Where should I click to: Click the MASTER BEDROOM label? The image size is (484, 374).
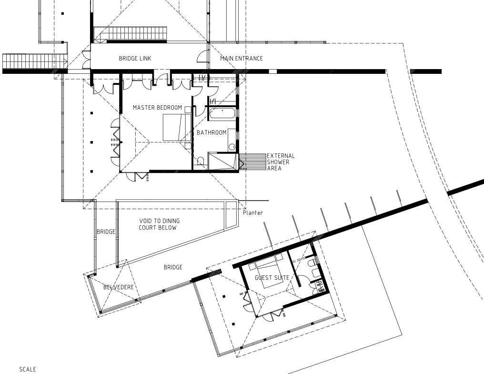[x=157, y=108]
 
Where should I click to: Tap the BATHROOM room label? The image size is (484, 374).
[x=212, y=132]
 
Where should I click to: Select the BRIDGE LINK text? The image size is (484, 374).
[x=135, y=59]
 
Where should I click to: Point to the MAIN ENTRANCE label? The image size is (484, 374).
[x=242, y=59]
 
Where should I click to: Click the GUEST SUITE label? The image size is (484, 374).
[x=272, y=278]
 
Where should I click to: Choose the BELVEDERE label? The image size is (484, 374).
[x=119, y=287]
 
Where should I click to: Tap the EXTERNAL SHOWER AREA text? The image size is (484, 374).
[x=281, y=162]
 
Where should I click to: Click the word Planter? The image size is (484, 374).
[x=253, y=213]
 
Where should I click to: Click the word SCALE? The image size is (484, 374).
[x=28, y=369]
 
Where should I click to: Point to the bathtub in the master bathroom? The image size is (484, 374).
[x=222, y=114]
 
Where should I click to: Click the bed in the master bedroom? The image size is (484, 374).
[x=177, y=128]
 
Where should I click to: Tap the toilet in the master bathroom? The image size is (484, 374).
[x=201, y=161]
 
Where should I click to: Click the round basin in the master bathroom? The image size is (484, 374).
[x=232, y=147]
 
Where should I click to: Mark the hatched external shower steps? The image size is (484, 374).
[x=252, y=162]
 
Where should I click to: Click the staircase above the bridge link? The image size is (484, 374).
[x=130, y=33]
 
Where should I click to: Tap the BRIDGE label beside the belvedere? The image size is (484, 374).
[x=173, y=267]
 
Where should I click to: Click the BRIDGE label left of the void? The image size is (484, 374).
[x=106, y=232]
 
